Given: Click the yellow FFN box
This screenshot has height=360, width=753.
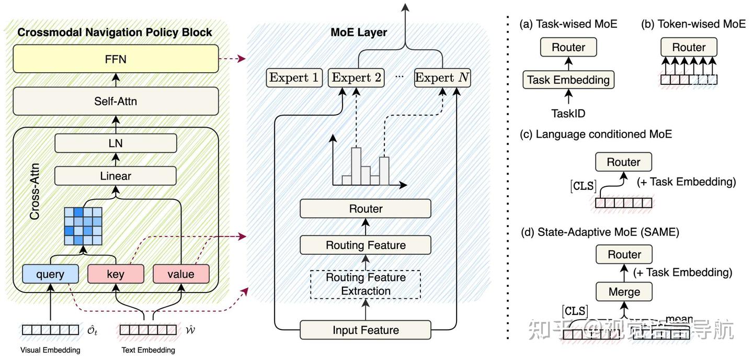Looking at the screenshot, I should click(x=116, y=59).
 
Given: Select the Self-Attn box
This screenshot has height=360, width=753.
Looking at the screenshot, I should click(x=116, y=100).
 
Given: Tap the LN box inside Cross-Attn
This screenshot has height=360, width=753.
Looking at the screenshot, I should click(x=116, y=143).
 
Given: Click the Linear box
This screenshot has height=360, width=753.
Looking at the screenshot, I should click(x=116, y=176).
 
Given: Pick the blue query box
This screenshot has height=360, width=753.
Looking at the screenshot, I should click(x=50, y=274).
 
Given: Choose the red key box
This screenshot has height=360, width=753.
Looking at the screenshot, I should click(x=115, y=274).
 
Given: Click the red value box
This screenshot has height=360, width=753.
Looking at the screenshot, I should click(x=181, y=274).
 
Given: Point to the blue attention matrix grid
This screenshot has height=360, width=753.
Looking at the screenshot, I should click(x=83, y=227).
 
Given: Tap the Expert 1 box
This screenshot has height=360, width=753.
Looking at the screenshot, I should click(x=294, y=78).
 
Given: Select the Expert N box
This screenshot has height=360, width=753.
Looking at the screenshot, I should click(x=442, y=78).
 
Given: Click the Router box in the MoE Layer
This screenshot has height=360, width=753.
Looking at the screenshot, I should click(x=366, y=209).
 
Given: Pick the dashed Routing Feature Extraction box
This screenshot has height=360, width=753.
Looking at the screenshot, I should click(x=366, y=284).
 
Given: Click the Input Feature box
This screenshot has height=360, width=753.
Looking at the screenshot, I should click(x=366, y=330).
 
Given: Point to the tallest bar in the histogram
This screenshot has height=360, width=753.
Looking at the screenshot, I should click(x=357, y=166).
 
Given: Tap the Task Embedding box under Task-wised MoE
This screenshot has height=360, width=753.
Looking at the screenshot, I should click(x=568, y=80).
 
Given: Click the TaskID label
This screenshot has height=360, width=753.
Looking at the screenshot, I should click(x=568, y=113).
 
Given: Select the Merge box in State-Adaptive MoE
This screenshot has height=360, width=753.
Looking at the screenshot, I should click(x=624, y=291).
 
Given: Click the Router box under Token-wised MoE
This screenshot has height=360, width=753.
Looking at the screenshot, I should click(x=689, y=48).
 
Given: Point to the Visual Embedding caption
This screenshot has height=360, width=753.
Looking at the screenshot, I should click(x=50, y=350).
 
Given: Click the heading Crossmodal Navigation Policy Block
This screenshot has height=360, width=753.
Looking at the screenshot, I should click(x=115, y=32).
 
